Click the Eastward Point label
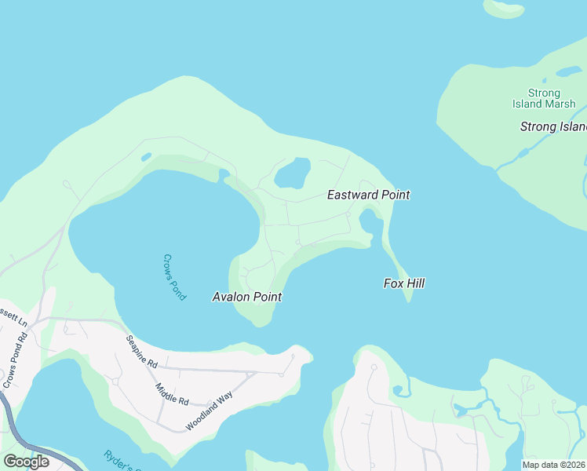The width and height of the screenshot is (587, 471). [368, 195]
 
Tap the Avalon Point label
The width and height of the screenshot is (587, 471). [246, 297]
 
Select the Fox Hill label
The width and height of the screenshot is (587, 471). [404, 283]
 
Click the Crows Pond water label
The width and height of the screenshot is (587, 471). [174, 276]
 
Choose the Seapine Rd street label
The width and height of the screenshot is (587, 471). [142, 352]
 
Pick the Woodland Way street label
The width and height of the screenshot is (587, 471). [210, 411]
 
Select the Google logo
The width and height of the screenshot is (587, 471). [26, 461]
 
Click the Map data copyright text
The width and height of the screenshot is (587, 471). [554, 465]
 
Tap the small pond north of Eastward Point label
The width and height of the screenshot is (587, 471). [292, 173]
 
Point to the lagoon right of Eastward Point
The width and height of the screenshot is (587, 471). [370, 223]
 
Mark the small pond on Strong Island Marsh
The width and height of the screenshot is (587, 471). [567, 72]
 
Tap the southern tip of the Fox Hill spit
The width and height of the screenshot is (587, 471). [408, 300]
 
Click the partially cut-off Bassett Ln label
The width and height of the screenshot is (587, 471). [13, 322]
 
